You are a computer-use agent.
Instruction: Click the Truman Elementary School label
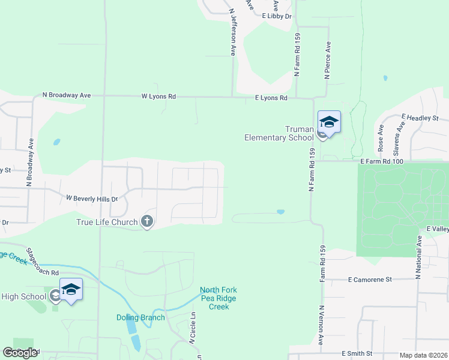click(x=279, y=133)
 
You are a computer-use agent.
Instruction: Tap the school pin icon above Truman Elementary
click(x=328, y=122)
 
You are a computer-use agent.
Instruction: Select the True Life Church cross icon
click(x=146, y=222)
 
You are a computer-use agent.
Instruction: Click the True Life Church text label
click(x=107, y=223)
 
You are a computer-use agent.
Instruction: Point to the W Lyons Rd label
click(x=158, y=96)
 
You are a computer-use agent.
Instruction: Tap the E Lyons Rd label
click(x=271, y=98)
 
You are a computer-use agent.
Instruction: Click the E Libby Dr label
click(x=277, y=17)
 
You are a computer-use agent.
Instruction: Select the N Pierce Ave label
click(x=328, y=61)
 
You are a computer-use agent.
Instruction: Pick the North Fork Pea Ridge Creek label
click(x=215, y=298)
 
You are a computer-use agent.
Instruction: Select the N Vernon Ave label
click(x=321, y=325)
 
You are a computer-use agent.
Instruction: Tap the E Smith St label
click(x=357, y=354)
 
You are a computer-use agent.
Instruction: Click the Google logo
click(x=20, y=353)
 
